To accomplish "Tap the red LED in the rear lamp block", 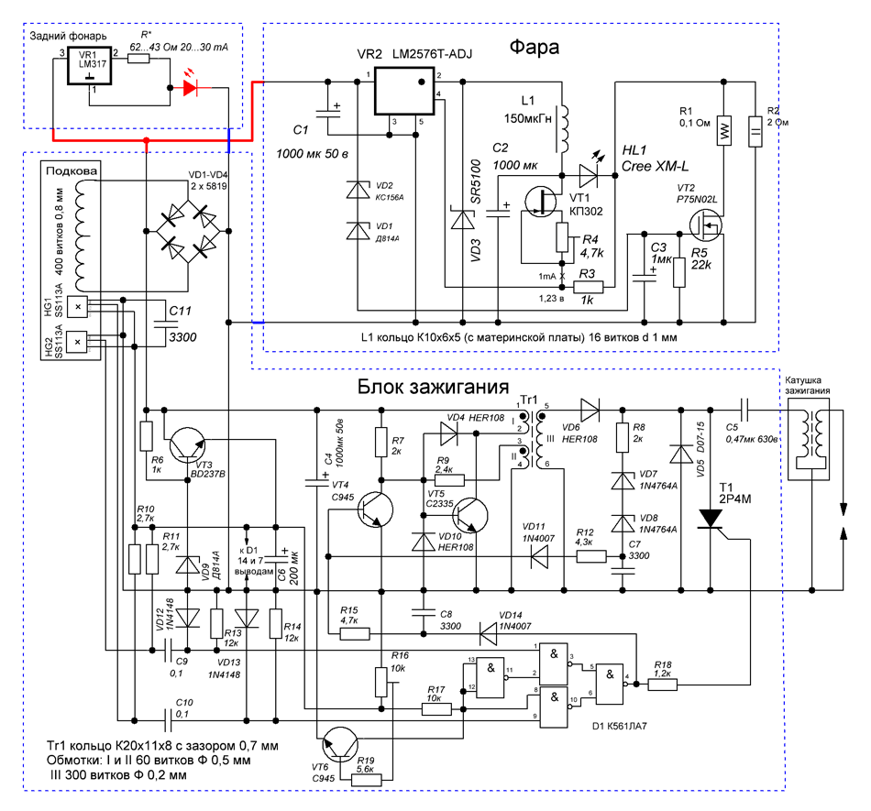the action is pyautogui.click(x=191, y=88).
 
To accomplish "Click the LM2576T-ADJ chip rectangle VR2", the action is pyautogui.click(x=403, y=91).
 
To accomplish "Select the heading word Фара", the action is pyautogui.click(x=534, y=47).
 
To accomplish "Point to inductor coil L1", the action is pyautogui.click(x=563, y=129).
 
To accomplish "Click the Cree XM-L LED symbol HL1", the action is pyautogui.click(x=588, y=175).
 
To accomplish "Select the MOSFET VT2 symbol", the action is pyautogui.click(x=706, y=225).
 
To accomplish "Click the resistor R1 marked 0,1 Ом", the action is pyautogui.click(x=723, y=131).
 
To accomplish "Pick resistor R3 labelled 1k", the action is pyautogui.click(x=589, y=287).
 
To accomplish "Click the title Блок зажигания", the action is pyautogui.click(x=433, y=387).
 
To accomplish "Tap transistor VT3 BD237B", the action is pyautogui.click(x=187, y=445).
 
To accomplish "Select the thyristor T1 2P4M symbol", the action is pyautogui.click(x=710, y=519).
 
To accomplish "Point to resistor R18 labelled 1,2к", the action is pyautogui.click(x=663, y=685).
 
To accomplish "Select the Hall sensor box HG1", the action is pyautogui.click(x=77, y=307).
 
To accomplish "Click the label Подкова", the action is pyautogui.click(x=72, y=171).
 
